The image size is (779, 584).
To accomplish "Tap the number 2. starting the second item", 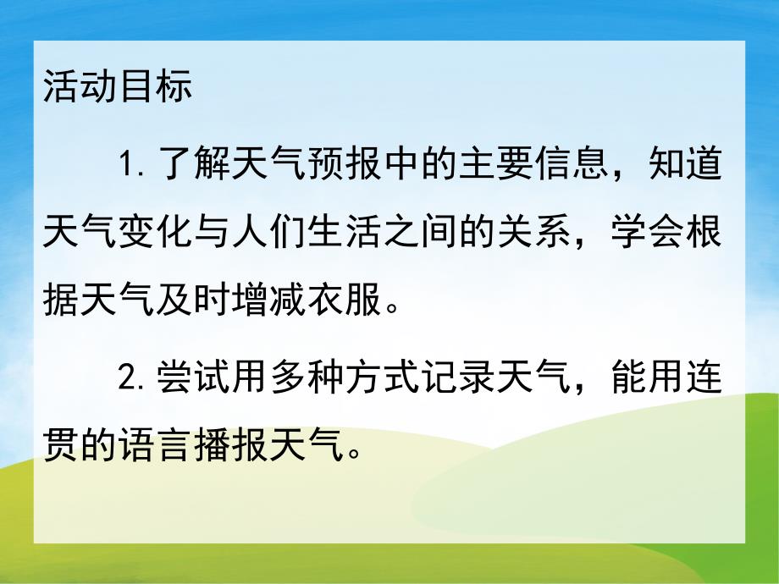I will (x=135, y=378).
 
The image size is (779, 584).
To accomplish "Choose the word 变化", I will (x=156, y=234).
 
